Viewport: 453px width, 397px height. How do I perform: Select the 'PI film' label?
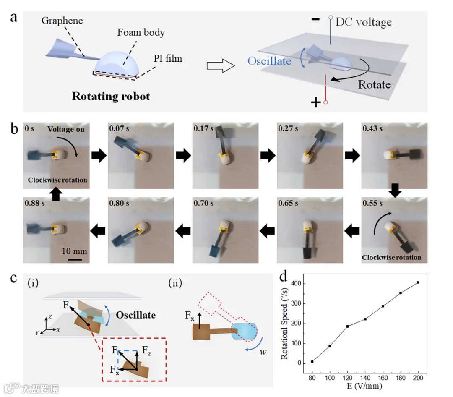tap(168, 58)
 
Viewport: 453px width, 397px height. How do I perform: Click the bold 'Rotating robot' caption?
tap(111, 96)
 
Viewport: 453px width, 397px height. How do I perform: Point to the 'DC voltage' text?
tap(363, 21)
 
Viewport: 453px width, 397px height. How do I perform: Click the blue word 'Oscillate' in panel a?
tap(269, 61)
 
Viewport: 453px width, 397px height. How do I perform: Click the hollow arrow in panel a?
tap(219, 66)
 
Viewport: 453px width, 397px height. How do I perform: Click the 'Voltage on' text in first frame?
tap(66, 129)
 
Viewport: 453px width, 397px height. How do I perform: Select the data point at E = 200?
tap(418, 282)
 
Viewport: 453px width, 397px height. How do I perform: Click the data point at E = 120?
tap(348, 326)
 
